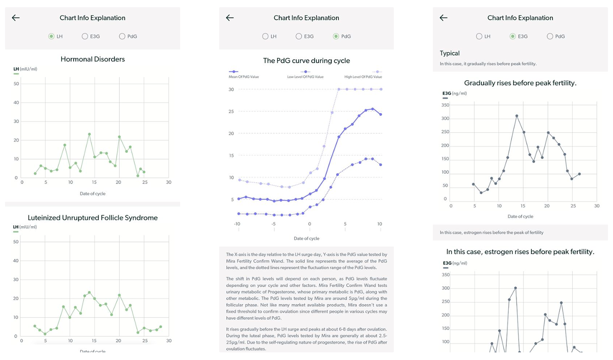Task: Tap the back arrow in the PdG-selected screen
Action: (x=230, y=18)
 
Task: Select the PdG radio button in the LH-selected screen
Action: (x=122, y=36)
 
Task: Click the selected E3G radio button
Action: (x=512, y=36)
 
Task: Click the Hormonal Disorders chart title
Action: (x=92, y=59)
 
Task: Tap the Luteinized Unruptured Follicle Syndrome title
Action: (x=92, y=218)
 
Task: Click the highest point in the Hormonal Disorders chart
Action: (x=89, y=134)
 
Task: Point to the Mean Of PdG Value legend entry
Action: (x=244, y=74)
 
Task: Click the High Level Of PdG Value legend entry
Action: (x=363, y=74)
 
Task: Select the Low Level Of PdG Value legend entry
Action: (x=305, y=74)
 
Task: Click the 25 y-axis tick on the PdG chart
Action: (x=231, y=112)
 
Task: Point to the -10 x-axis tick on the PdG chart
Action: (x=237, y=224)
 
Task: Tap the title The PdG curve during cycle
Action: (x=306, y=60)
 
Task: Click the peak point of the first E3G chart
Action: (x=517, y=116)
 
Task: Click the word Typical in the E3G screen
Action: (x=450, y=54)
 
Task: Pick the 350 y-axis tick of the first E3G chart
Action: (x=445, y=105)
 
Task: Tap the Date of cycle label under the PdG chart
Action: (x=306, y=238)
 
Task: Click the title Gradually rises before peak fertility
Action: (x=520, y=83)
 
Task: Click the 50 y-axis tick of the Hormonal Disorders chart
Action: (x=16, y=84)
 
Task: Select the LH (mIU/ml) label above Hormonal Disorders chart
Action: (x=25, y=69)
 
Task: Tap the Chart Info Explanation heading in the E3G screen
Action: (x=520, y=18)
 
